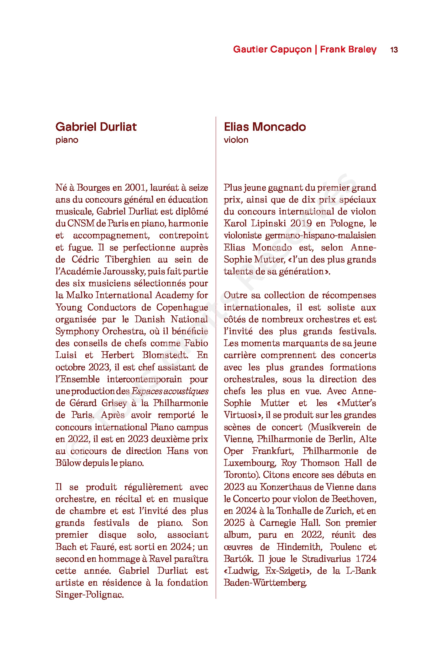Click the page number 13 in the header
[x=394, y=50]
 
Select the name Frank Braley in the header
[x=348, y=49]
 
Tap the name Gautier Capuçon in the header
[x=272, y=49]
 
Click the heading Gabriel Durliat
[x=96, y=127]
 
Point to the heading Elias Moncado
[x=265, y=127]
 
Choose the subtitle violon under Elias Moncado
[x=236, y=140]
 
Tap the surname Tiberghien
[x=128, y=259]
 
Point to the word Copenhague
[x=182, y=307]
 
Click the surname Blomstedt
[x=165, y=355]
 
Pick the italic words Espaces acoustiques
[x=170, y=391]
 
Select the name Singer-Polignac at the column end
[x=90, y=594]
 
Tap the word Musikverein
[x=336, y=427]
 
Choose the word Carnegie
[x=278, y=523]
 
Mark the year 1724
[x=366, y=559]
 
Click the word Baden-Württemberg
[x=265, y=582]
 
